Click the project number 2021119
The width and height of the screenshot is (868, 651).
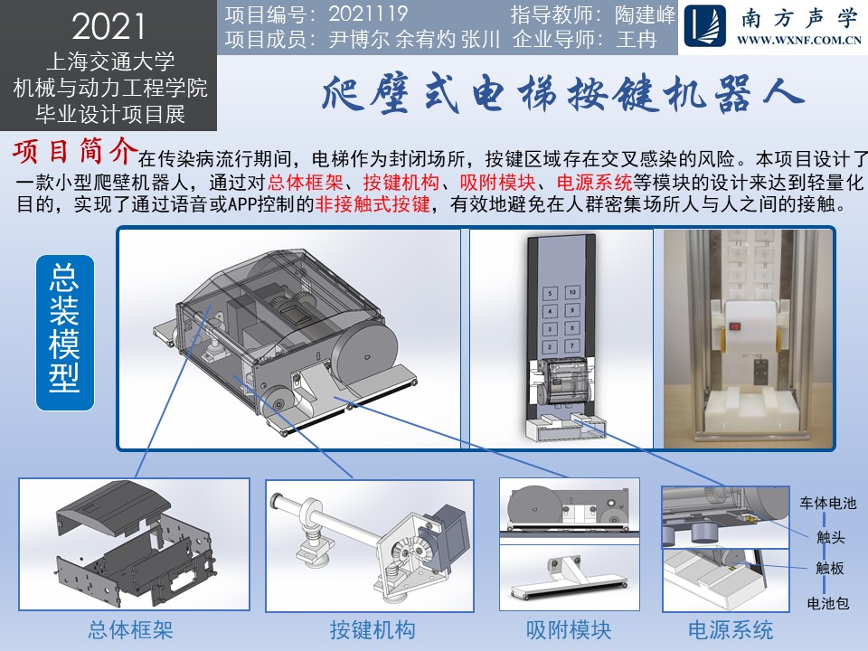click(x=368, y=14)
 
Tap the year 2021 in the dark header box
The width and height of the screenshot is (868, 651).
click(x=108, y=26)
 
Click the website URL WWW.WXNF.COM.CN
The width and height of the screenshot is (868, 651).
click(x=798, y=40)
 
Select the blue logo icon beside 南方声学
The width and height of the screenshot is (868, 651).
click(x=704, y=25)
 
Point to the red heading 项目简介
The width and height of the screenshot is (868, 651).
click(x=75, y=151)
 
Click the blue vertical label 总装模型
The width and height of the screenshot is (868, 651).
click(x=65, y=332)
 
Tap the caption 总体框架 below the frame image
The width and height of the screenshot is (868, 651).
click(x=130, y=630)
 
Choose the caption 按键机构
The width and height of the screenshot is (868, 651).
click(x=373, y=630)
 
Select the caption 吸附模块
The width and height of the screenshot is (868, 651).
click(x=569, y=630)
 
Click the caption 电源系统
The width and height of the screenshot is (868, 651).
click(x=731, y=630)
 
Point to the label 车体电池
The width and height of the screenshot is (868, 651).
click(x=827, y=504)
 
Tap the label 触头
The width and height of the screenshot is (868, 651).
click(x=830, y=536)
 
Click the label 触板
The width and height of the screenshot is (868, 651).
click(x=830, y=568)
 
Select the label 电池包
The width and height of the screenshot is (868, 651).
click(x=827, y=603)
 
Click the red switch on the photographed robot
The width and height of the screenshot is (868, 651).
click(x=734, y=326)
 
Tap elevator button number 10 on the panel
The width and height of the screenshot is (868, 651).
click(x=572, y=292)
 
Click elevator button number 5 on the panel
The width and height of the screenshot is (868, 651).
click(x=550, y=294)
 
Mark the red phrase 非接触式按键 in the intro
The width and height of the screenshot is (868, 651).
click(x=373, y=204)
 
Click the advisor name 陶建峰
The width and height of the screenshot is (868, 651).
click(x=645, y=14)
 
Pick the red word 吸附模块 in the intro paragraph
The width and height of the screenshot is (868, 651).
click(x=497, y=182)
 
